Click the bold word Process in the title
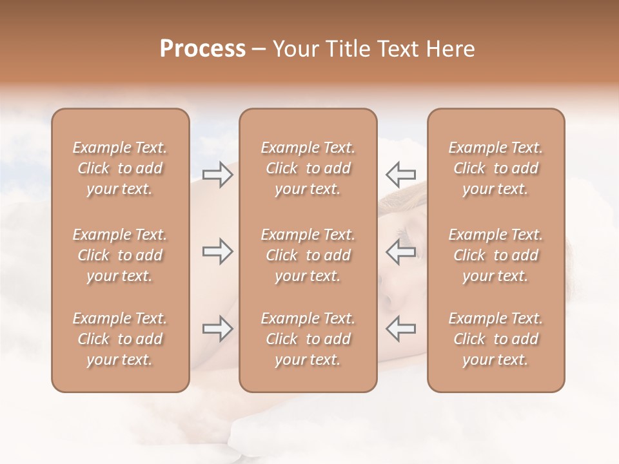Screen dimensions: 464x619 pos(202,49)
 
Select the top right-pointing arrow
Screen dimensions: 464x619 pos(218,175)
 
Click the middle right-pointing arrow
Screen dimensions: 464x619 pos(218,251)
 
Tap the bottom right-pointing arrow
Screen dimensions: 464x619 pos(218,329)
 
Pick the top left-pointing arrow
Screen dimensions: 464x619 pos(400,175)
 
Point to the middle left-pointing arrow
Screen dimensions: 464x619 pos(400,251)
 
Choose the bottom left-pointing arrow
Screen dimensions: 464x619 pos(400,329)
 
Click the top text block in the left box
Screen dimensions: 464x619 pos(120,168)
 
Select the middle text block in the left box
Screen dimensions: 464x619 pos(120,255)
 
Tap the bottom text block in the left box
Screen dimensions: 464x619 pos(120,339)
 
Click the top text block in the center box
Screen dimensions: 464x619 pos(308,168)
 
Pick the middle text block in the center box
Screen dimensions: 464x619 pos(308,255)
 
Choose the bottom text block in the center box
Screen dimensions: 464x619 pos(308,339)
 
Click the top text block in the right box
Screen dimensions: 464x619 pos(496,168)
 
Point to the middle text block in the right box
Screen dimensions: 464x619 pos(496,255)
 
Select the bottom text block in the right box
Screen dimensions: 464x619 pos(496,339)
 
